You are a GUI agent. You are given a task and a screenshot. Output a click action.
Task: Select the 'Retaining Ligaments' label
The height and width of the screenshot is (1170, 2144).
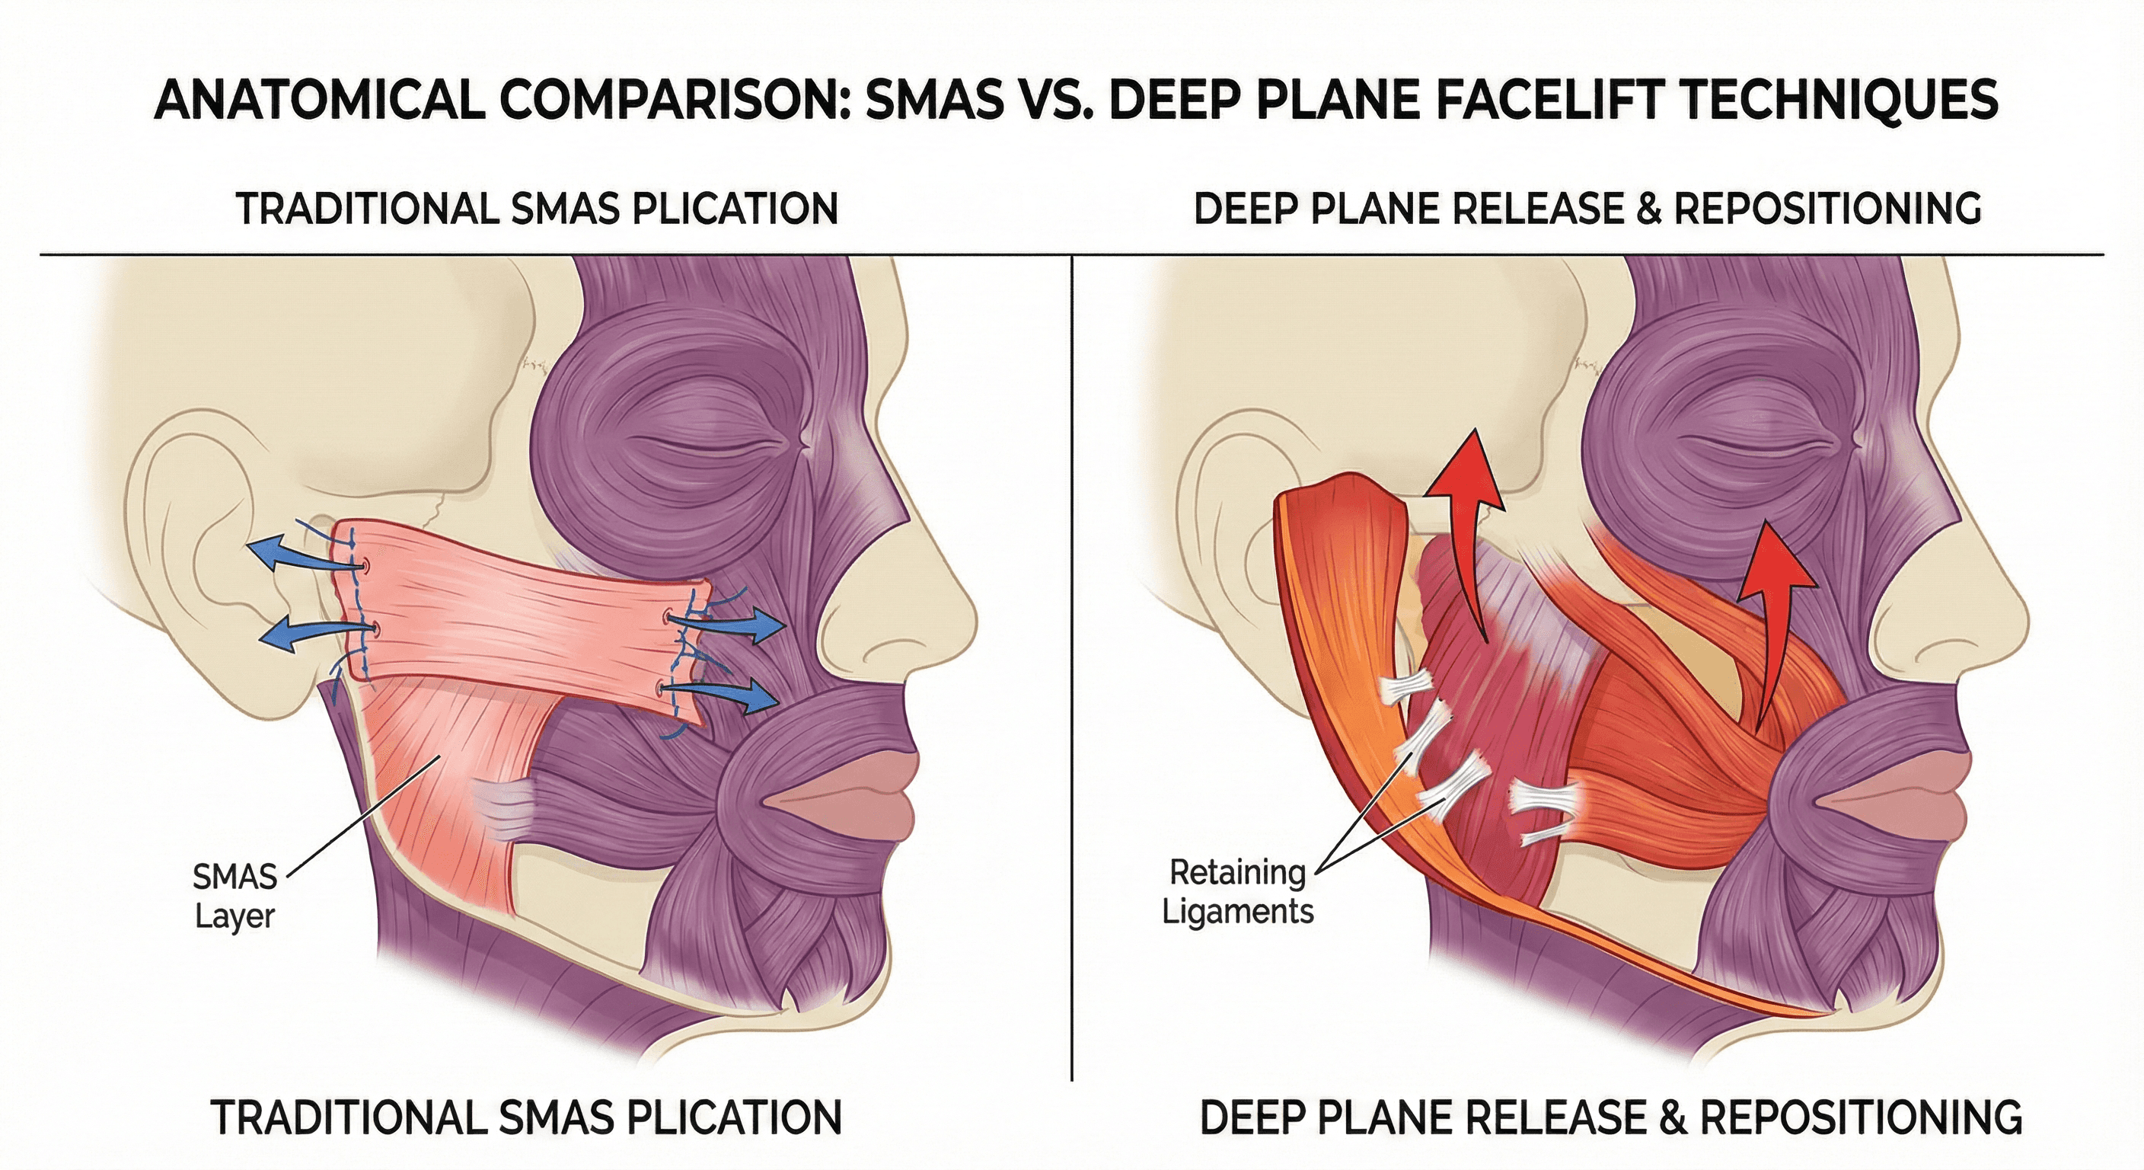click(1238, 892)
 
